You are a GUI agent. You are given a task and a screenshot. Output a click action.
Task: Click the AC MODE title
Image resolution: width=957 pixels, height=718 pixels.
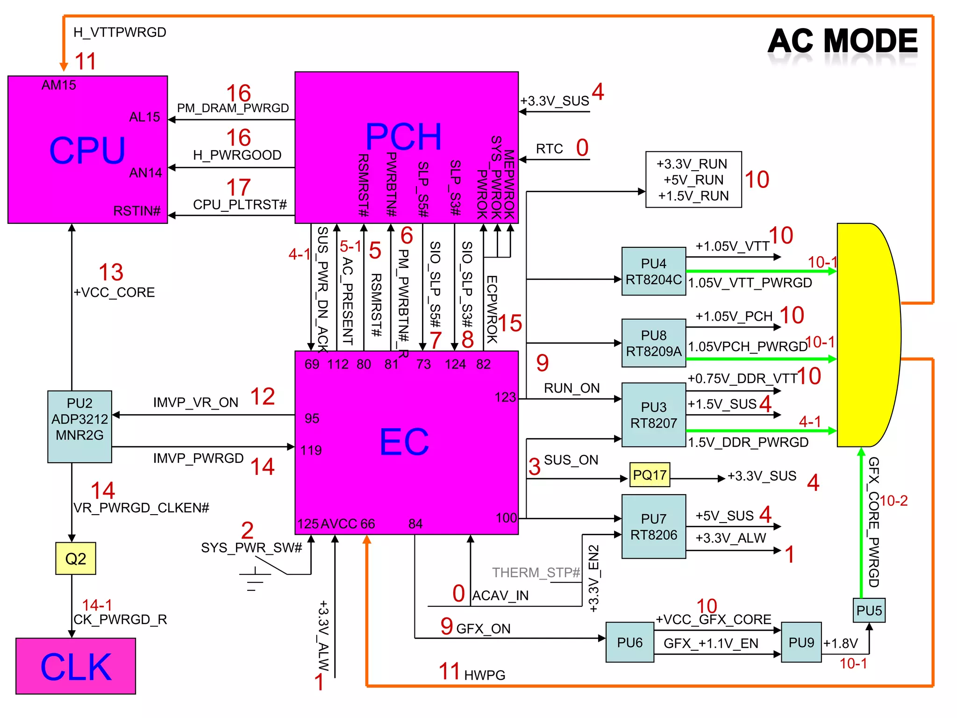pyautogui.click(x=843, y=41)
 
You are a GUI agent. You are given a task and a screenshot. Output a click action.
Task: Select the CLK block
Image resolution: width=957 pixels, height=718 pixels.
pyautogui.click(x=76, y=666)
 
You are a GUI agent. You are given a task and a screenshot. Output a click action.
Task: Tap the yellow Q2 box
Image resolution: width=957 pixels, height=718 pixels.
pyautogui.click(x=76, y=558)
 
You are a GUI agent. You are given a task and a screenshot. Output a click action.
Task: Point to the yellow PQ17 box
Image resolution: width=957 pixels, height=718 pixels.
pyautogui.click(x=650, y=475)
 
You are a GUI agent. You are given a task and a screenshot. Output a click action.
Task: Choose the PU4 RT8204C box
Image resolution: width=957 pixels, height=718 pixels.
pyautogui.click(x=653, y=271)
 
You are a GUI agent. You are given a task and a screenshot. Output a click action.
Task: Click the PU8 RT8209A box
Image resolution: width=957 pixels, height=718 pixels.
pyautogui.click(x=653, y=343)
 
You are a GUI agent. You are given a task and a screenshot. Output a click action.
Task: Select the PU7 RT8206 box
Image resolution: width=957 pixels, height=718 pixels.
pyautogui.click(x=653, y=526)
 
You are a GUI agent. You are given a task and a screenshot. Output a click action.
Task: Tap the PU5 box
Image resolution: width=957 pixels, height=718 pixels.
pyautogui.click(x=869, y=610)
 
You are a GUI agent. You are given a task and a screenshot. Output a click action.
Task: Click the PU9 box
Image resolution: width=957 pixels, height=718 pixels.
pyautogui.click(x=801, y=642)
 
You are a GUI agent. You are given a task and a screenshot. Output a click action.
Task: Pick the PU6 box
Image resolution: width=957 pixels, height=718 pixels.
pyautogui.click(x=629, y=642)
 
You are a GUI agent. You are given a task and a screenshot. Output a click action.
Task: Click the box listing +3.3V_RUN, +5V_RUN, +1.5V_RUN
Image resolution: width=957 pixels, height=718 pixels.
pyautogui.click(x=693, y=179)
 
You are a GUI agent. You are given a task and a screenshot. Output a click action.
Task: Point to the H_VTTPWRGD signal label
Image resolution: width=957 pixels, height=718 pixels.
pyautogui.click(x=120, y=32)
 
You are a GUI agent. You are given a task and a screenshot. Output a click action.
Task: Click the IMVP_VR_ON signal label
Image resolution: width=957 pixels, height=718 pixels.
pyautogui.click(x=195, y=402)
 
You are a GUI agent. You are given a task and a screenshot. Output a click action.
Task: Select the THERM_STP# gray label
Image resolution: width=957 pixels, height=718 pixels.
pyautogui.click(x=536, y=572)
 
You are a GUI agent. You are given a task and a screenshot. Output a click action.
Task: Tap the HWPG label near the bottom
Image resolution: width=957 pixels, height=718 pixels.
pyautogui.click(x=485, y=675)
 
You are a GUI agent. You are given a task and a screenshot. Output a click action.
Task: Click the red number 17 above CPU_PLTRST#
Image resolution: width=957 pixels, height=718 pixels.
pyautogui.click(x=238, y=187)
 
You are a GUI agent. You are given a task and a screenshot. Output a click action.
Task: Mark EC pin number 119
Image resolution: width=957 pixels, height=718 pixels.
pyautogui.click(x=311, y=450)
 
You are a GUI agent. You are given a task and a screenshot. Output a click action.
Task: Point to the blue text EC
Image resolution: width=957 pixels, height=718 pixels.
pyautogui.click(x=404, y=442)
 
